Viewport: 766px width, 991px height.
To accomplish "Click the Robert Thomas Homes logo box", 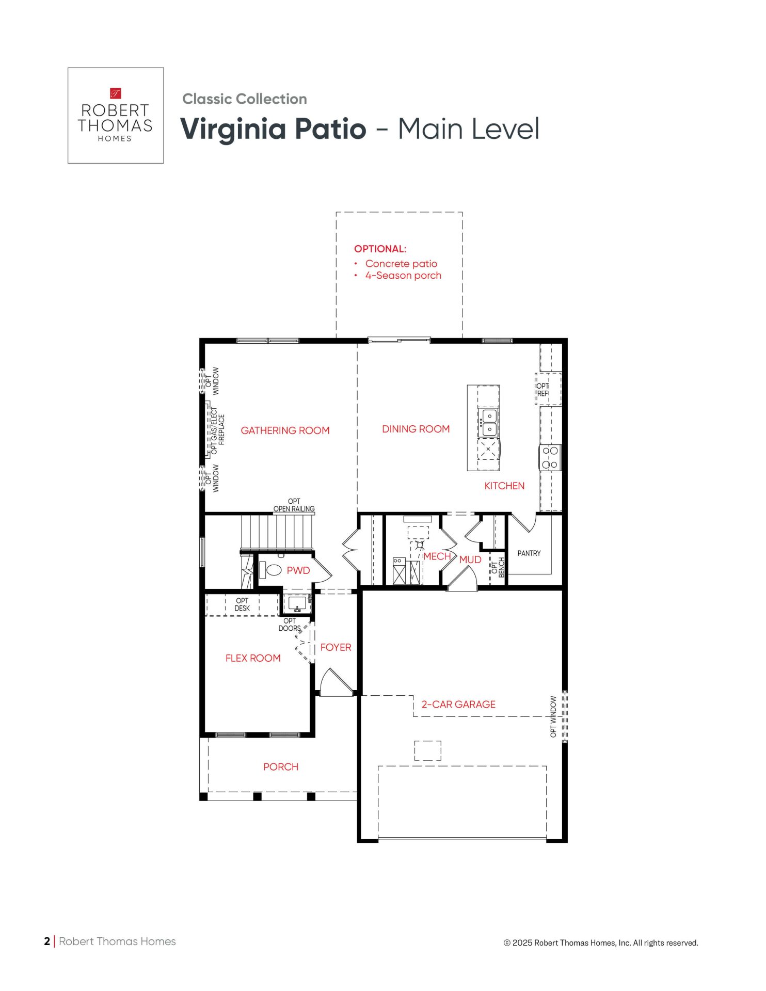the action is point(116,116).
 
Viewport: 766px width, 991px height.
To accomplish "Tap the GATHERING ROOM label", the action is point(285,430).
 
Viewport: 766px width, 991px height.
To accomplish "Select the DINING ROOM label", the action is point(416,429).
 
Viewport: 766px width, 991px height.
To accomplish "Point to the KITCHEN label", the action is point(504,486).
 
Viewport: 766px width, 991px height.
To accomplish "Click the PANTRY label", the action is point(529,553).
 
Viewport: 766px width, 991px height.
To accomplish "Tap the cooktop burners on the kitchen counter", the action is point(550,457).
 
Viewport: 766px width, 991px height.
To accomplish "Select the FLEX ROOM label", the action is point(253,658).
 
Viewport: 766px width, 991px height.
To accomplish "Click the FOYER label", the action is point(336,647).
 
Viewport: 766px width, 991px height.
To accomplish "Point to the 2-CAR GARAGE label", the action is point(458,705).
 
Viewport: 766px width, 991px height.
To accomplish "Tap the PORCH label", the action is point(281,767).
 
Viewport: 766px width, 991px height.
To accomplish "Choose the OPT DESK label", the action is point(242,604).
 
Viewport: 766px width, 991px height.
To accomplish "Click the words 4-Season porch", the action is point(403,276).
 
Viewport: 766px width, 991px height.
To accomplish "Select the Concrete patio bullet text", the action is point(401,264).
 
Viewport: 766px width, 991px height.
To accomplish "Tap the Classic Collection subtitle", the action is point(245,99).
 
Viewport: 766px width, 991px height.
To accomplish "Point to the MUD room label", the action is point(470,560).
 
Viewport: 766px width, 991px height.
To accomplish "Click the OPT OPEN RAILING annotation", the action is point(294,505).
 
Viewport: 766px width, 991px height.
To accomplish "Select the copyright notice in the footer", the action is point(601,943).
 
